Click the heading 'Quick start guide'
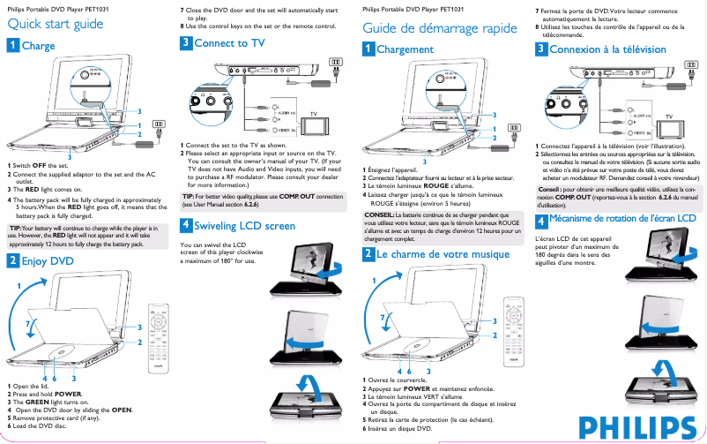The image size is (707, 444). coord(55,24)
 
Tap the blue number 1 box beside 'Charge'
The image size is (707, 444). coord(11,46)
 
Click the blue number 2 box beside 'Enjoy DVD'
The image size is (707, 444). coord(11,261)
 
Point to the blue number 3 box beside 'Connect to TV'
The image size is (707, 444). coord(185,42)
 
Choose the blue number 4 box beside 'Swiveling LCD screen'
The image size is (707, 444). coord(185,226)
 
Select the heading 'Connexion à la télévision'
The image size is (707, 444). coord(607,49)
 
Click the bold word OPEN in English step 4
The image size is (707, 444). coord(121,410)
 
